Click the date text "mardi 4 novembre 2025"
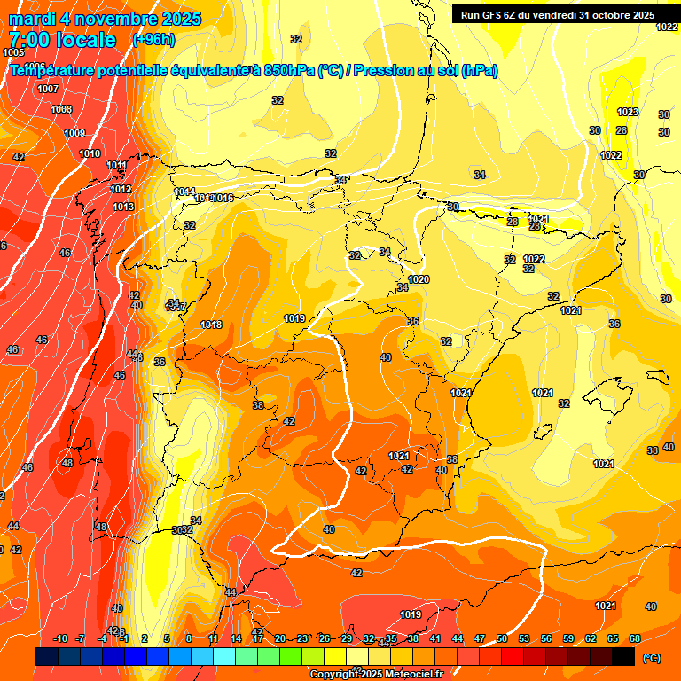point(105,19)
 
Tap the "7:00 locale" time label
point(62,40)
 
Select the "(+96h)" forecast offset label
point(153,40)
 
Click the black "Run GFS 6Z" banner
point(553,14)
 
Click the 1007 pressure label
point(48,89)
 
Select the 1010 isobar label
point(90,153)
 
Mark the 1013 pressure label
point(123,207)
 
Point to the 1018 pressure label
point(211,325)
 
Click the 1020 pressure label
point(419,279)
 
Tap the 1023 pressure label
point(628,112)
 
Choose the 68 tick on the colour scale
point(635,639)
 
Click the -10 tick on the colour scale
point(60,639)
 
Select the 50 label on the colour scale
point(502,639)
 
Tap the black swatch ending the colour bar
point(623,656)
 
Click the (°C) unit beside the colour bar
point(652,658)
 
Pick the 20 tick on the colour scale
point(280,639)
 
